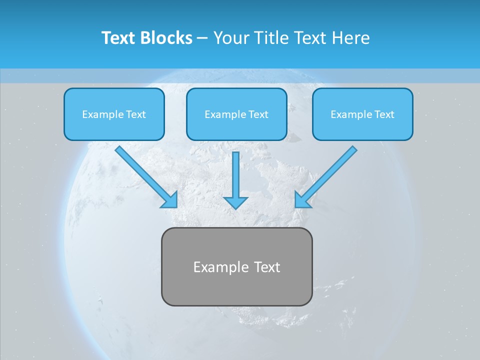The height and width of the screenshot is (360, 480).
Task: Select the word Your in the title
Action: click(230, 38)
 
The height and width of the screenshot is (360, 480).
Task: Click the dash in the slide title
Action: click(202, 38)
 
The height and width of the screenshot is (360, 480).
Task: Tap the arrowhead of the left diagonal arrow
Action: click(171, 200)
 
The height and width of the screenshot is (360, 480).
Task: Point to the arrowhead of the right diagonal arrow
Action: click(301, 200)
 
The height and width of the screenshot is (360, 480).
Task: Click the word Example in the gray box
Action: click(221, 267)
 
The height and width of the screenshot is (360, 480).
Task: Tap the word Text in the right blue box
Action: click(384, 114)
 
